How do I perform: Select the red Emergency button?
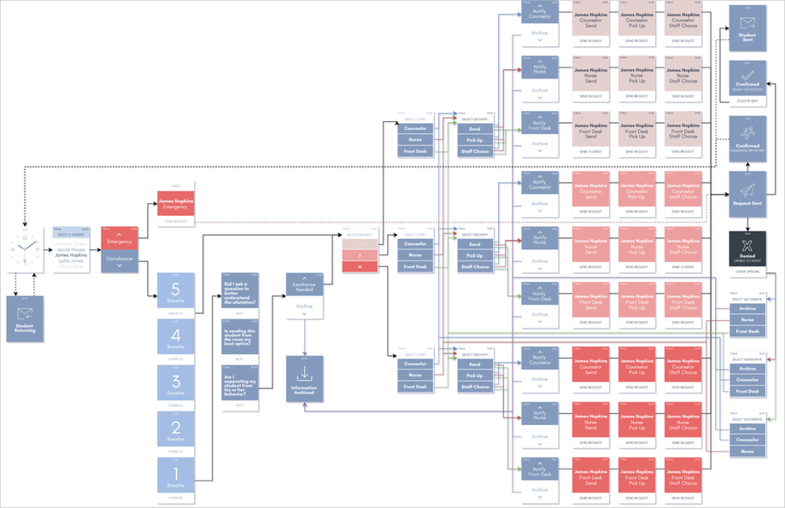pyautogui.click(x=119, y=242)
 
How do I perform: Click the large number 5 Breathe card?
pyautogui.click(x=175, y=294)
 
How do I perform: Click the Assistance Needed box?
pyautogui.click(x=304, y=288)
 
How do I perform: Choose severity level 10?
pyautogui.click(x=359, y=267)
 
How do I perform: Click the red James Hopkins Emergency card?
pyautogui.click(x=175, y=203)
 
